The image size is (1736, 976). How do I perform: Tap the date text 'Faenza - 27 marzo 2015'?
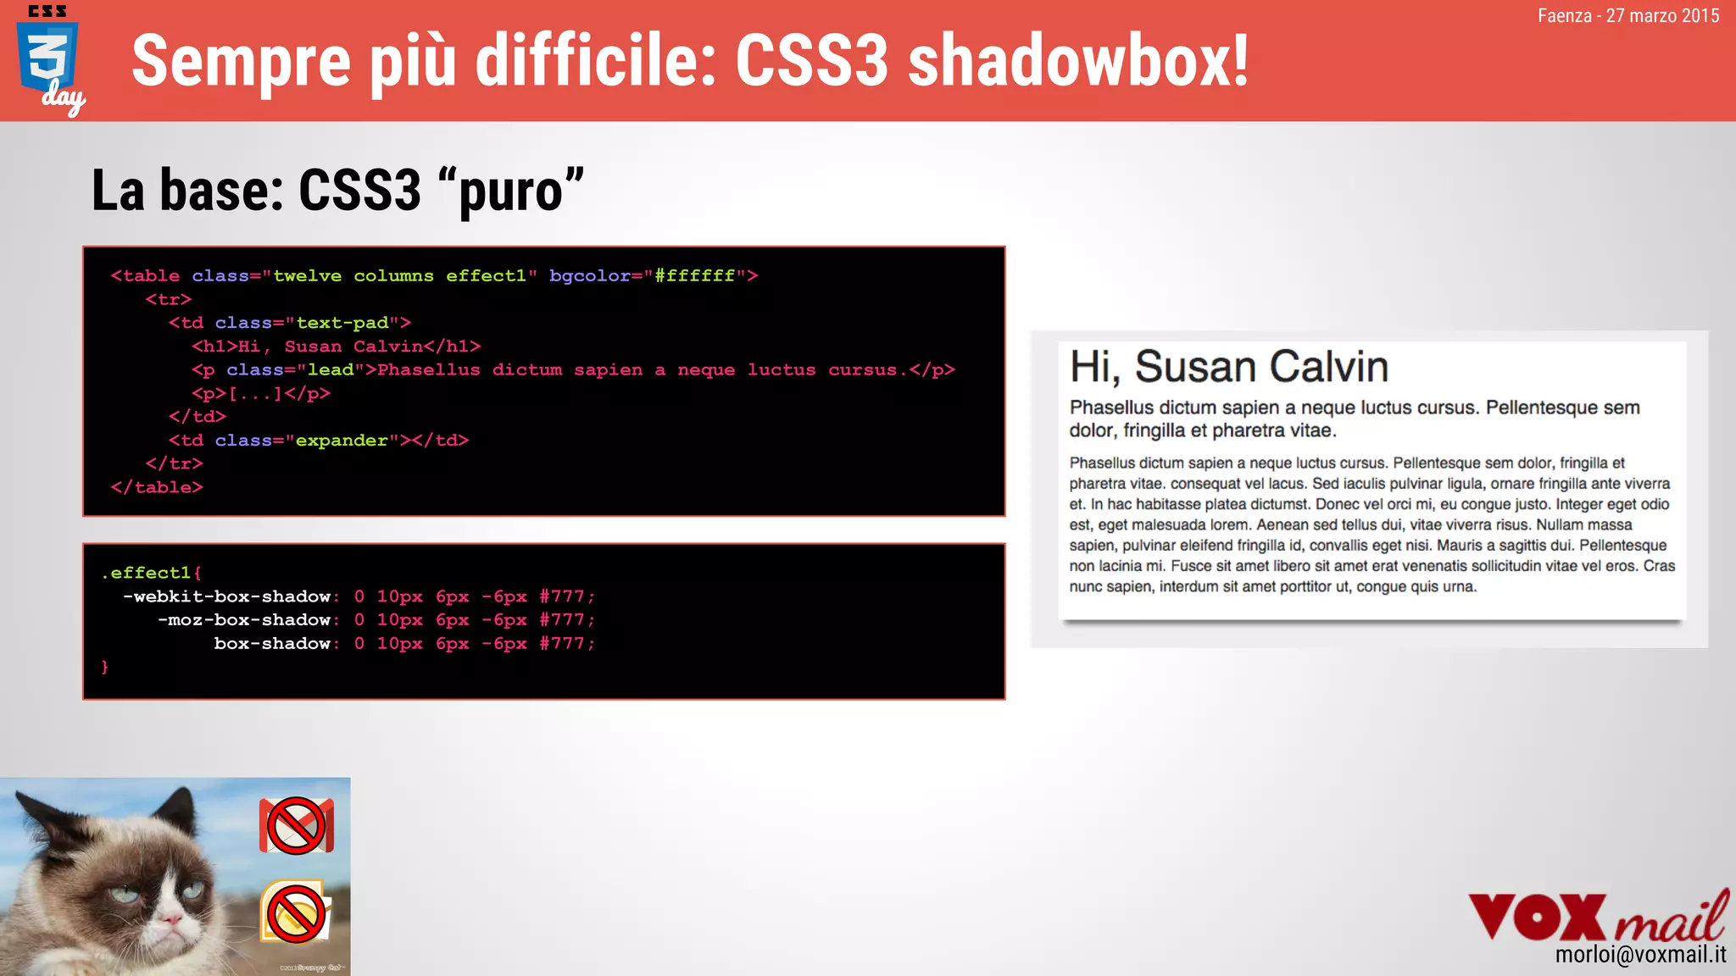click(1627, 16)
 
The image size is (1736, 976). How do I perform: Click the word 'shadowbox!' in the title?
click(1078, 61)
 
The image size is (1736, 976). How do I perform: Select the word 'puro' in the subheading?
click(511, 191)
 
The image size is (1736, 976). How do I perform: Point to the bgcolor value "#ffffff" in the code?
click(694, 276)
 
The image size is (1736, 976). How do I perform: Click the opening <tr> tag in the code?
click(169, 300)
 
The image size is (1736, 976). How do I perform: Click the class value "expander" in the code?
click(342, 441)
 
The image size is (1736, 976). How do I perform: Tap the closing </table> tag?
click(157, 488)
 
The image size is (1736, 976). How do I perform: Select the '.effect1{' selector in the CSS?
click(151, 573)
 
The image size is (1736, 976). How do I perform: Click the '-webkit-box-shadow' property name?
click(226, 596)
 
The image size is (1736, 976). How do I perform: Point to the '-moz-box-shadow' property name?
click(244, 620)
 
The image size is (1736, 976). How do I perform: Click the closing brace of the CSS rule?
click(105, 668)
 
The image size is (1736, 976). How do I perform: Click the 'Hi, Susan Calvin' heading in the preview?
click(1228, 367)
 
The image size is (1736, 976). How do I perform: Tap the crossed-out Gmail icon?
click(296, 825)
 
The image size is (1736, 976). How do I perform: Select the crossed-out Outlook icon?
click(296, 912)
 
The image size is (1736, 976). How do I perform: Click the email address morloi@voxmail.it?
click(1639, 955)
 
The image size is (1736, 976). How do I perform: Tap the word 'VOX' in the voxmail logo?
click(1537, 917)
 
